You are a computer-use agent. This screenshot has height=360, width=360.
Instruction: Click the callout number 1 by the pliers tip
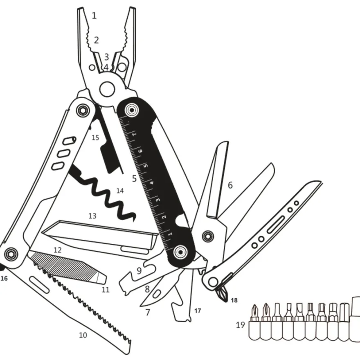[94, 16]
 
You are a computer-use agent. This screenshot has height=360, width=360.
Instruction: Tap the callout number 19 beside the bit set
[241, 325]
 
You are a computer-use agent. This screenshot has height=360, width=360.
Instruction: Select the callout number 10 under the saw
[83, 335]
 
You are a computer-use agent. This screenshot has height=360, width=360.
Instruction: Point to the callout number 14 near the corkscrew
[120, 191]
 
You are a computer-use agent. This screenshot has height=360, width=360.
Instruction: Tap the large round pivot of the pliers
[107, 88]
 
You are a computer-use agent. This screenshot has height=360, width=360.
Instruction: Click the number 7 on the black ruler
[135, 133]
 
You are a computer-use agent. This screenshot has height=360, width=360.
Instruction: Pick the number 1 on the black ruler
[170, 234]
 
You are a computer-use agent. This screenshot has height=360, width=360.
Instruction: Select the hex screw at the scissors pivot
[208, 236]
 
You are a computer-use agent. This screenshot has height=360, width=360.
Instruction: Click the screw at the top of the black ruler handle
[132, 110]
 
